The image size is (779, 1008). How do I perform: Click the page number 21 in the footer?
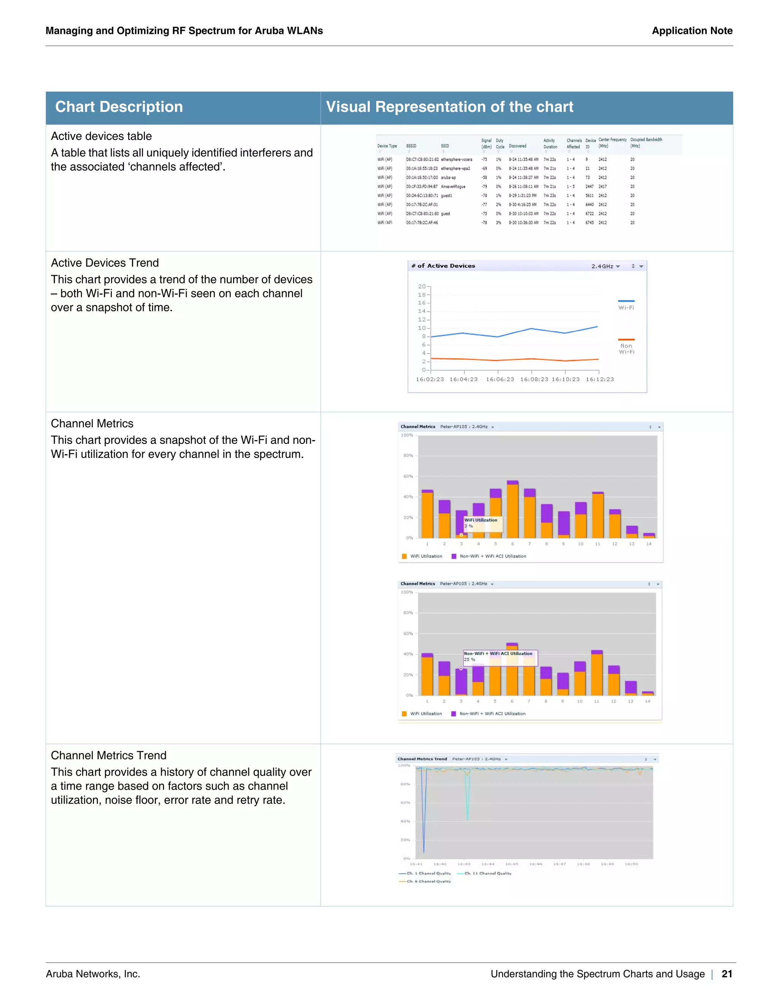[x=727, y=974]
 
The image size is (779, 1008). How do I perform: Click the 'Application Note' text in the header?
[x=692, y=31]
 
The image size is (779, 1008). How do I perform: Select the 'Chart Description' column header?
[x=119, y=107]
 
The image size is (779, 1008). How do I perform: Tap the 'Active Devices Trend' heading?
[x=105, y=263]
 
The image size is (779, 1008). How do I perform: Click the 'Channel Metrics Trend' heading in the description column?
[x=108, y=755]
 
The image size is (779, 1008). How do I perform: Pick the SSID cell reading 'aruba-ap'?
[x=448, y=178]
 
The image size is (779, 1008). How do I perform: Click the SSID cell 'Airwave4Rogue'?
[x=453, y=187]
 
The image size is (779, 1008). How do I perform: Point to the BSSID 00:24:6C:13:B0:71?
[x=422, y=196]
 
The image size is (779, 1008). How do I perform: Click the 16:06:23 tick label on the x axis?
[x=500, y=379]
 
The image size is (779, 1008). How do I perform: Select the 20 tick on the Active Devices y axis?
[x=422, y=287]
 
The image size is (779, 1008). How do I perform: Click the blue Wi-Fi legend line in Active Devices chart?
[x=626, y=301]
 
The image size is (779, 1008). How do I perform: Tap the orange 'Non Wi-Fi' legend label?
[x=626, y=349]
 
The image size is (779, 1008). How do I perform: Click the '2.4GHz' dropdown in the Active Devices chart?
[x=606, y=266]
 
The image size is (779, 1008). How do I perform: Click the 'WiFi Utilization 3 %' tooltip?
[x=483, y=523]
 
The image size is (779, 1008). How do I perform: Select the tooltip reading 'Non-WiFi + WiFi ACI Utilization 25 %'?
[x=500, y=657]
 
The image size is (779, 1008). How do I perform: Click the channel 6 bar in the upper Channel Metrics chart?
[x=513, y=510]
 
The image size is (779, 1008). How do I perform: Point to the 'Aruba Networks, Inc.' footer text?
[x=93, y=974]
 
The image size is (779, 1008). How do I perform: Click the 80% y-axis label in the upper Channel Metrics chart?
[x=408, y=456]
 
